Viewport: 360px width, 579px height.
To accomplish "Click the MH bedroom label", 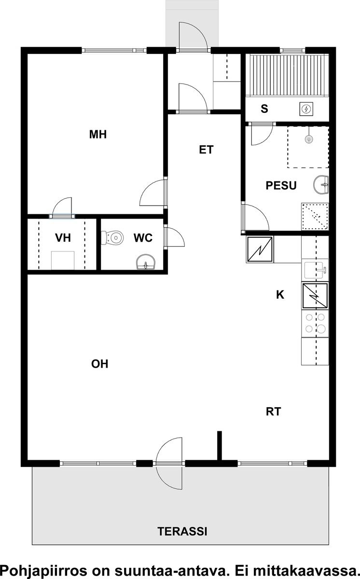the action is (97, 135).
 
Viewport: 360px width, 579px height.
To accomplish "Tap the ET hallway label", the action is (206, 150).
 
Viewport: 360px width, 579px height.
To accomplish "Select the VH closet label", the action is (63, 238).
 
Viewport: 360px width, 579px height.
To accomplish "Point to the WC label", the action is (143, 238).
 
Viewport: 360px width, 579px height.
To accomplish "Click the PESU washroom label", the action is (281, 186).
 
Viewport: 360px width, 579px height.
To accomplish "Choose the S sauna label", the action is (264, 109).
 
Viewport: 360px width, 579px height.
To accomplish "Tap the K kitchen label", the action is (280, 295).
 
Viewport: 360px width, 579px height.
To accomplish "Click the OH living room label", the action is (99, 364).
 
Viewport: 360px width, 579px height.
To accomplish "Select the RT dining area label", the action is (273, 412).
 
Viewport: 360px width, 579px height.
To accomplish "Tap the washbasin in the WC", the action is (146, 262).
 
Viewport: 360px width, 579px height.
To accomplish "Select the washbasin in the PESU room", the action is (321, 185).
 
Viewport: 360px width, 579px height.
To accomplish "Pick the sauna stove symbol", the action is (306, 109).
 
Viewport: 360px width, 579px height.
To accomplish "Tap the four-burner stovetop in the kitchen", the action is (315, 323).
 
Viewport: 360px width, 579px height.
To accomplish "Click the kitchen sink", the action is (315, 270).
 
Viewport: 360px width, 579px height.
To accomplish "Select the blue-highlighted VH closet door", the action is (62, 216).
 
